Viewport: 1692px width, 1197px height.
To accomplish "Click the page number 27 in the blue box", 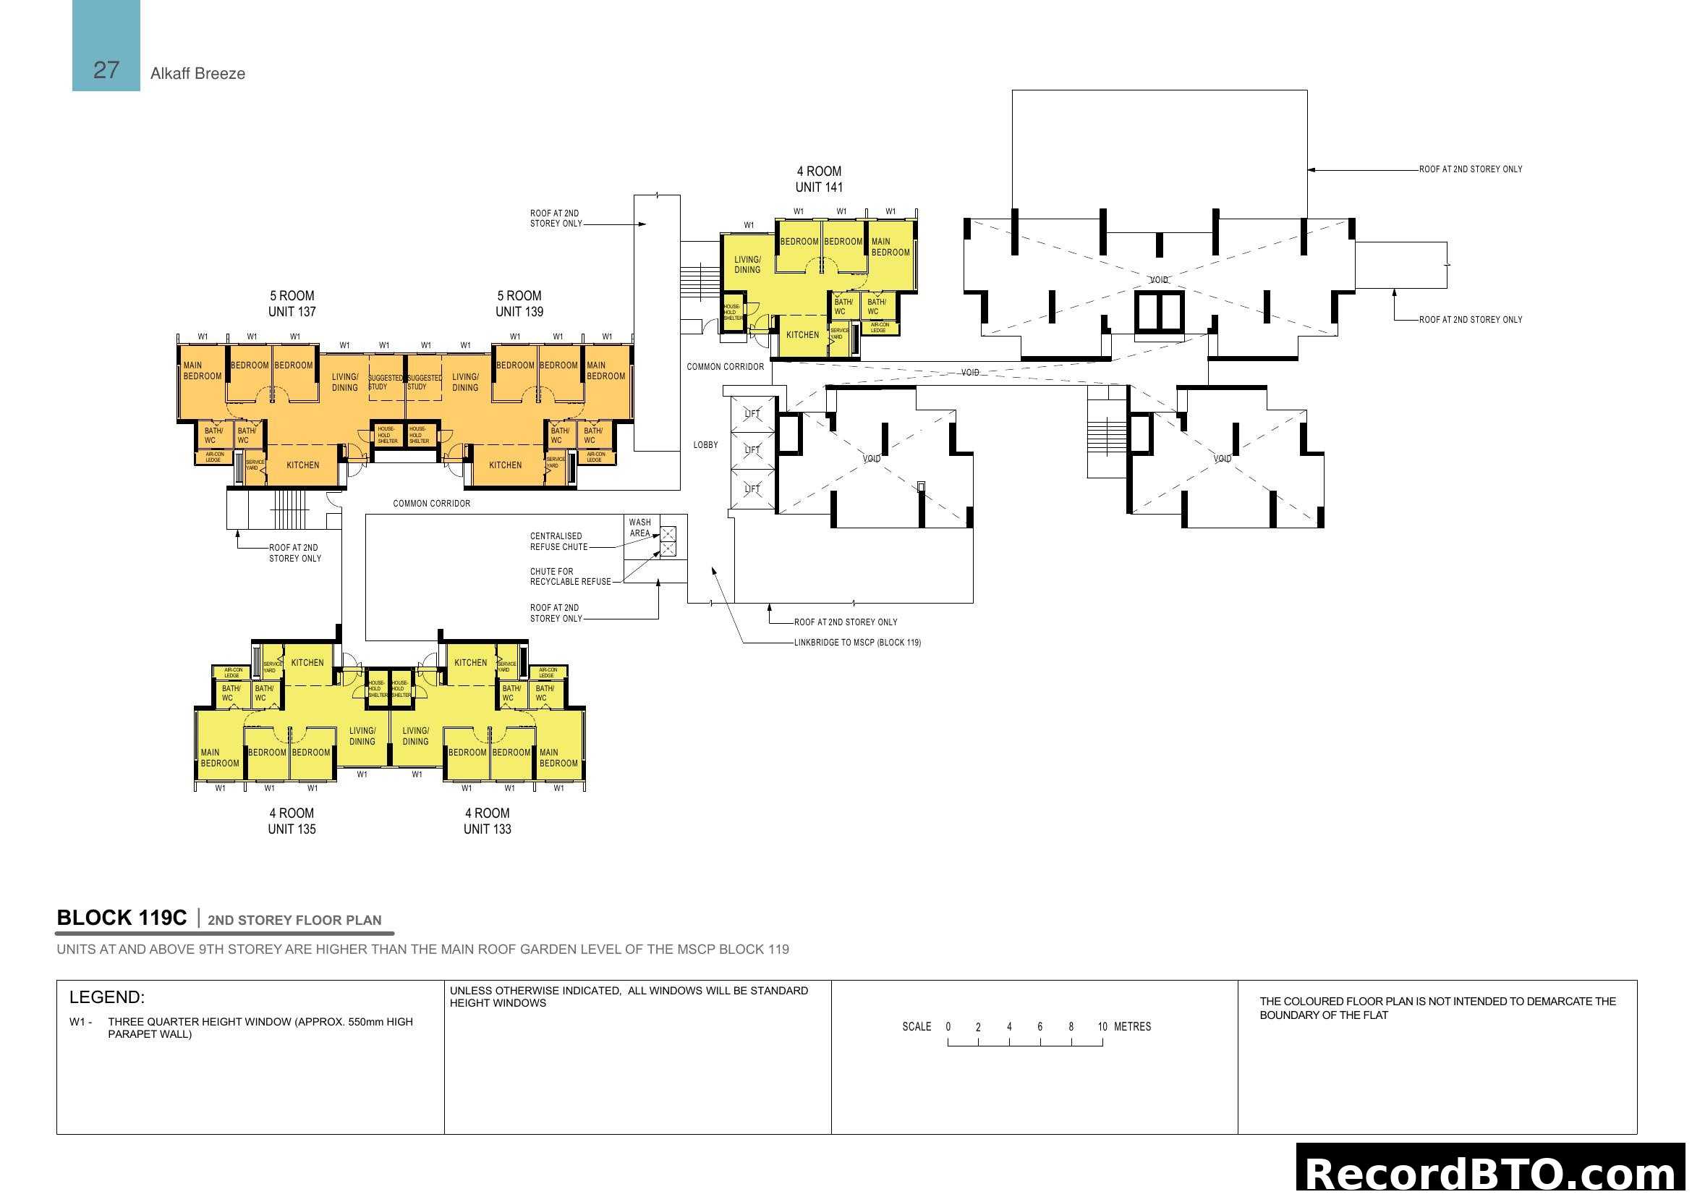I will [x=106, y=70].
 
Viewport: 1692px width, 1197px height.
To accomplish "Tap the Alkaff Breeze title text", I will [x=197, y=74].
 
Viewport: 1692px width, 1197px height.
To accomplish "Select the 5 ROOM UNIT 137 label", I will [x=292, y=304].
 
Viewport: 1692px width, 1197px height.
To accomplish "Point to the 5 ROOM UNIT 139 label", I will [x=519, y=304].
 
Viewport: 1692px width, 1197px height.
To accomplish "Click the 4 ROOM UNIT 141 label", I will [x=819, y=179].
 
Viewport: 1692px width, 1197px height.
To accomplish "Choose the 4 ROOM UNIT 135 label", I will [x=292, y=821].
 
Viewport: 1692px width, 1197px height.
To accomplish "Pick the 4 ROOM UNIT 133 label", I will [x=487, y=821].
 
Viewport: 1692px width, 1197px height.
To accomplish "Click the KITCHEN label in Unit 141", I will [x=802, y=334].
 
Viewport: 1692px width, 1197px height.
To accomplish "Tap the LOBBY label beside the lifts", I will [x=705, y=445].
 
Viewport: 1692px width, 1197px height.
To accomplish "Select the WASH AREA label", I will [x=639, y=528].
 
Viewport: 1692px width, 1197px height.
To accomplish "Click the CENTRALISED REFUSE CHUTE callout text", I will [x=558, y=542].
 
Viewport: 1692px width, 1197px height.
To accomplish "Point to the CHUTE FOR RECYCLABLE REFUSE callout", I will [x=569, y=577].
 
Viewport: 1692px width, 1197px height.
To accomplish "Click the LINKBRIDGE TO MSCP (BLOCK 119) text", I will [x=857, y=643].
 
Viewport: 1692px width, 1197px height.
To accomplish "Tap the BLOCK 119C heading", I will [x=122, y=918].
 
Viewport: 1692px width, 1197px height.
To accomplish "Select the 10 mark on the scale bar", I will [x=1102, y=1027].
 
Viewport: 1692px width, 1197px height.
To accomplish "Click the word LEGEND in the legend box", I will [x=107, y=998].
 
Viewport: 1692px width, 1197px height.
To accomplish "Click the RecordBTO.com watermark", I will [x=1492, y=1173].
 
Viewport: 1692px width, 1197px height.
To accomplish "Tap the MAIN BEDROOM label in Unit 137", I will [x=202, y=371].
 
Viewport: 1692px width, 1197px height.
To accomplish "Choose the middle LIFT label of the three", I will [x=752, y=449].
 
